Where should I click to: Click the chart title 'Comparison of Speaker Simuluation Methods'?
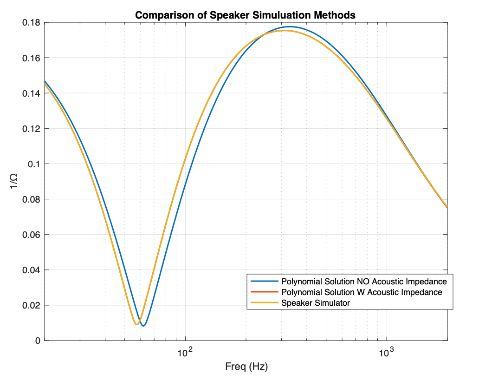pos(245,15)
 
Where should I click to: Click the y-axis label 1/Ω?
pos(14,181)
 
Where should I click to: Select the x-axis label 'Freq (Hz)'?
pos(246,367)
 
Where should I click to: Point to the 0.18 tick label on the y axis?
pos(31,22)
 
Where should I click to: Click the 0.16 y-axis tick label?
pos(31,58)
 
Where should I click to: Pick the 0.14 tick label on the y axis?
pos(31,93)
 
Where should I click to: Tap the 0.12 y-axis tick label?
pos(31,129)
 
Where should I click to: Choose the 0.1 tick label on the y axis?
pos(33,164)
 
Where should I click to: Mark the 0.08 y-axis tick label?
pos(31,199)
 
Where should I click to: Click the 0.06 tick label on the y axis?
pos(31,235)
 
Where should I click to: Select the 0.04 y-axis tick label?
pos(31,270)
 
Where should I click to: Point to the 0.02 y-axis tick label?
pos(31,305)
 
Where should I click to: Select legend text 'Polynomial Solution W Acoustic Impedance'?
pos(362,292)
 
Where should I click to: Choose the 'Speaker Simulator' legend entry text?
pos(316,303)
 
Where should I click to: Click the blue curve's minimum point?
pos(143,326)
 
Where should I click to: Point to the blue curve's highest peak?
pos(290,27)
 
